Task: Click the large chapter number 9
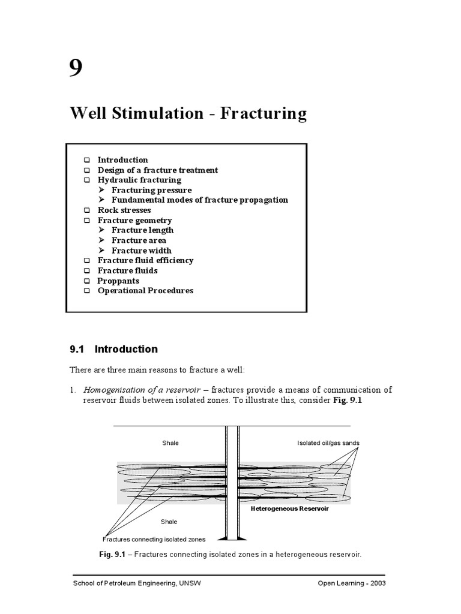(76, 69)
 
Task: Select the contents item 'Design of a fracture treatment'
(157, 170)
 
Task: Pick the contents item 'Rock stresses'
(124, 210)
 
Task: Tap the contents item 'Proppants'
(118, 281)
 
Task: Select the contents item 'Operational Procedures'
(145, 290)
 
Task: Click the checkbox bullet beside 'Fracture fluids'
(87, 271)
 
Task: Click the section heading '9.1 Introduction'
(114, 349)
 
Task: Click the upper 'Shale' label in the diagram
(170, 443)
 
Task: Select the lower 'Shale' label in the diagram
(169, 522)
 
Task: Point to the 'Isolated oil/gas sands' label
(328, 443)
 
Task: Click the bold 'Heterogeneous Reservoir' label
(290, 508)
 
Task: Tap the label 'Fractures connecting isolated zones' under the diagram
(154, 538)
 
